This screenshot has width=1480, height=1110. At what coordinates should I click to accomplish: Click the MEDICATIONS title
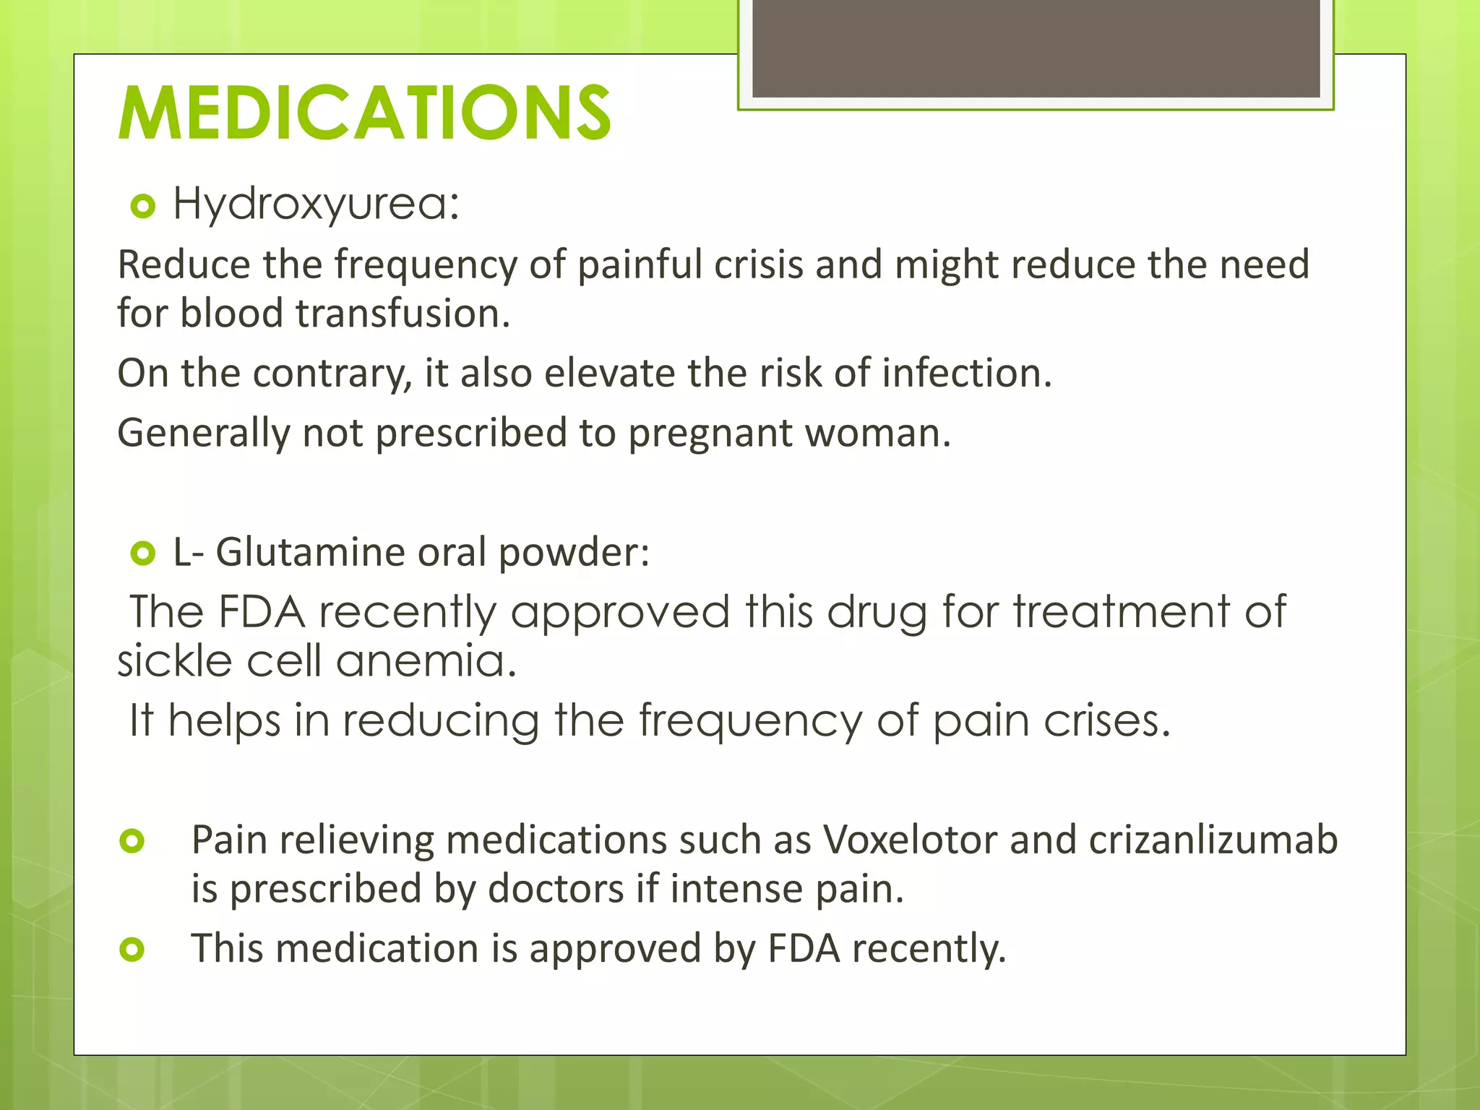365,113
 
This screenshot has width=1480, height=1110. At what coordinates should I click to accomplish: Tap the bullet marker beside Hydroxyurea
143,207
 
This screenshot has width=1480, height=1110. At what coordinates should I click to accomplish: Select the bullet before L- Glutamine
143,554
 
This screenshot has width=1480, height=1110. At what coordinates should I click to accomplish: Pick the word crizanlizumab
1213,840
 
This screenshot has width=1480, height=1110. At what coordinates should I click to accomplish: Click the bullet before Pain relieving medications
133,841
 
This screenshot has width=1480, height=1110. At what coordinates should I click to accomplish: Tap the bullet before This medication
133,950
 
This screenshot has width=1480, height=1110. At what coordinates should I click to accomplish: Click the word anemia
426,661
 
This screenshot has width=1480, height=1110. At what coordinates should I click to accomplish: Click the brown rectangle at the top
1036,48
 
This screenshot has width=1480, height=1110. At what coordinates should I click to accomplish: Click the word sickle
174,661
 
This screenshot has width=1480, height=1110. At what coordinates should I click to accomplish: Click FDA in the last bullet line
804,949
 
